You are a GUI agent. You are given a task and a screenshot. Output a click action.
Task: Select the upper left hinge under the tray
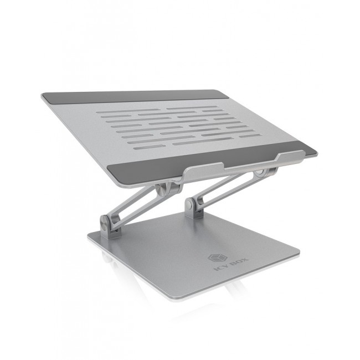click(161, 190)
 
